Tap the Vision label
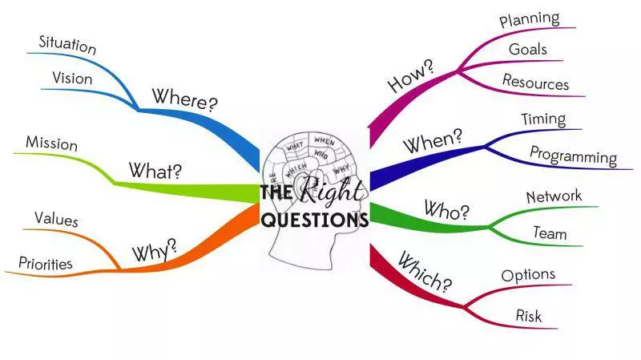[72, 79]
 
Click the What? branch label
[155, 171]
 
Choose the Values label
[56, 219]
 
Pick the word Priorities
[45, 264]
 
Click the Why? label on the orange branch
[154, 251]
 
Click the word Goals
[528, 49]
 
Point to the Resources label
[535, 82]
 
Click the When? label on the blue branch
[433, 143]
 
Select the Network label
[554, 196]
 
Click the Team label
[550, 233]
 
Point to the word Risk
[528, 315]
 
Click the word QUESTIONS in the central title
[315, 219]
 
